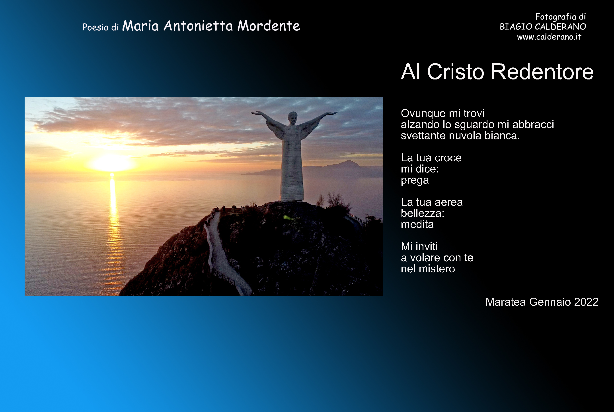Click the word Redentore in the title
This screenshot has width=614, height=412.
click(542, 72)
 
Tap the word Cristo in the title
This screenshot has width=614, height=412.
click(455, 72)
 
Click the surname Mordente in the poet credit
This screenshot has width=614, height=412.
click(269, 26)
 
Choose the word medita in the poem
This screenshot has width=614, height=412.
click(417, 224)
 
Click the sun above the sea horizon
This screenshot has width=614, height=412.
click(112, 163)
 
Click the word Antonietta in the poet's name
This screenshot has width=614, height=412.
click(198, 26)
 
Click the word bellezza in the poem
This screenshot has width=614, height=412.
click(423, 213)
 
